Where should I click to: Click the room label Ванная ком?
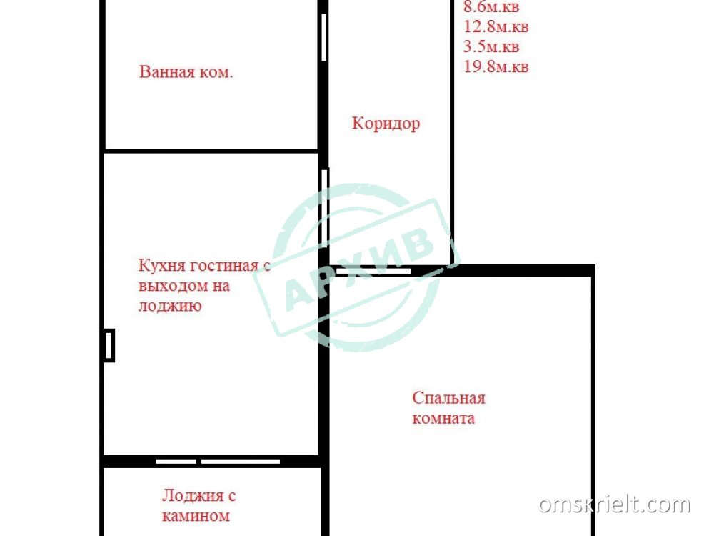(186, 72)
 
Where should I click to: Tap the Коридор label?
(386, 124)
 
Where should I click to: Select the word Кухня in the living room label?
(161, 265)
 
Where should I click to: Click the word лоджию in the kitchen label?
(170, 306)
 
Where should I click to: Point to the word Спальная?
(448, 398)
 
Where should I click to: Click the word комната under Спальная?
(443, 418)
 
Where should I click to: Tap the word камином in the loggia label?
(196, 516)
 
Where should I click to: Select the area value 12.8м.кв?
(496, 26)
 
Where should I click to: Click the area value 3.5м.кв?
(491, 46)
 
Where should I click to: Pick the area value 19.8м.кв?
(496, 66)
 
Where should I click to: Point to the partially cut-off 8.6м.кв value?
(491, 7)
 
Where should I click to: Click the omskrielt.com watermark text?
(614, 505)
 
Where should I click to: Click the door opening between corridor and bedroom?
(374, 271)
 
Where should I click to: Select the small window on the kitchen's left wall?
(109, 345)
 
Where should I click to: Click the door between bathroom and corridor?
(323, 37)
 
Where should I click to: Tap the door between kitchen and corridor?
(325, 208)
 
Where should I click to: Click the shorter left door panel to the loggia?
(176, 462)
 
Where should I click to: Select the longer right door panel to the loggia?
(241, 462)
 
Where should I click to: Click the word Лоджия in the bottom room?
(193, 496)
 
